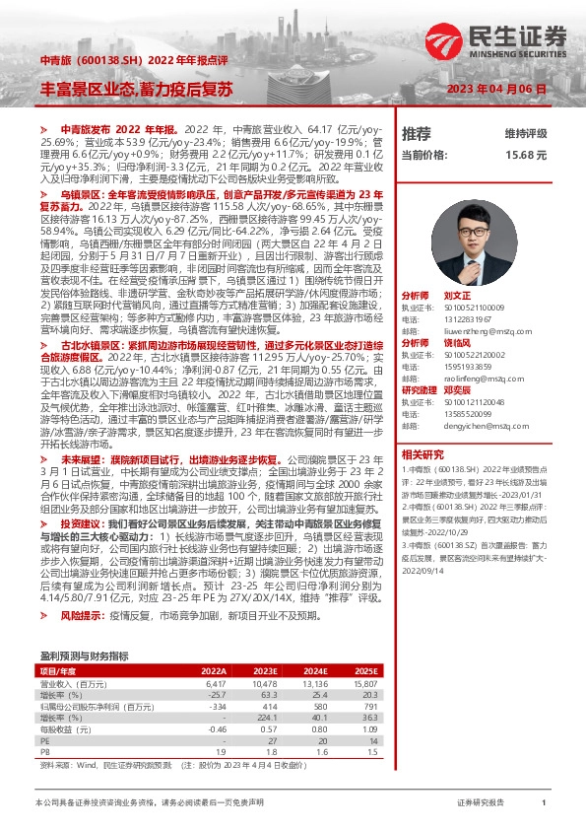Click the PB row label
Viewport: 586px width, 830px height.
pos(44,750)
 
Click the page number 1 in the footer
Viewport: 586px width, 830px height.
pos(544,804)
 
